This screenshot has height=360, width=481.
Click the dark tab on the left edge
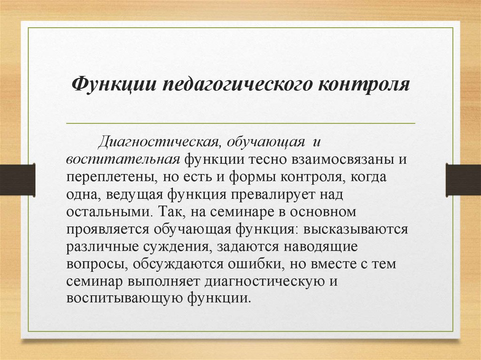[17, 179]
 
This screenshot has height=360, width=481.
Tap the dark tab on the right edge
[463, 179]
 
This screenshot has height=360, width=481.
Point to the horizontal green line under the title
[240, 123]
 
